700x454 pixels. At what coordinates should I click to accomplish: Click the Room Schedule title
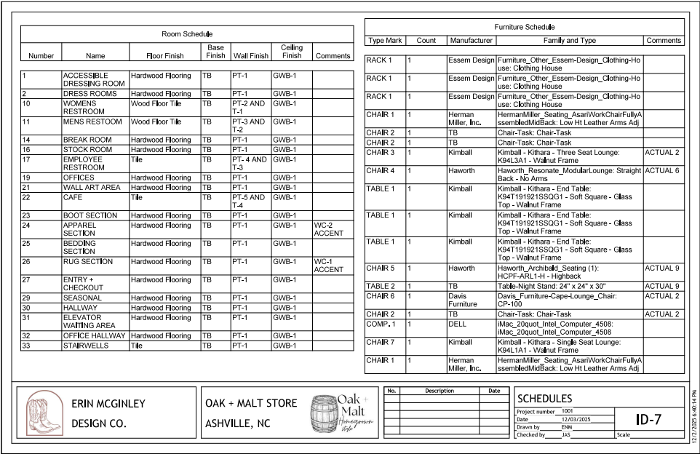click(186, 33)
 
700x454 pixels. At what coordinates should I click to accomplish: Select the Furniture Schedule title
click(523, 27)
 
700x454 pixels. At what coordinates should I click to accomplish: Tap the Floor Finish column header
click(160, 55)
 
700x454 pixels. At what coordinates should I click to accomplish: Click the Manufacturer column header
click(470, 41)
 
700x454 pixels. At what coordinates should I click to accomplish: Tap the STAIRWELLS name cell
click(86, 346)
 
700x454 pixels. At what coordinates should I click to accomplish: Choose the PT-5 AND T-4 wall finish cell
click(249, 202)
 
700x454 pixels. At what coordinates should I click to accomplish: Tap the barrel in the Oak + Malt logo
click(326, 416)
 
